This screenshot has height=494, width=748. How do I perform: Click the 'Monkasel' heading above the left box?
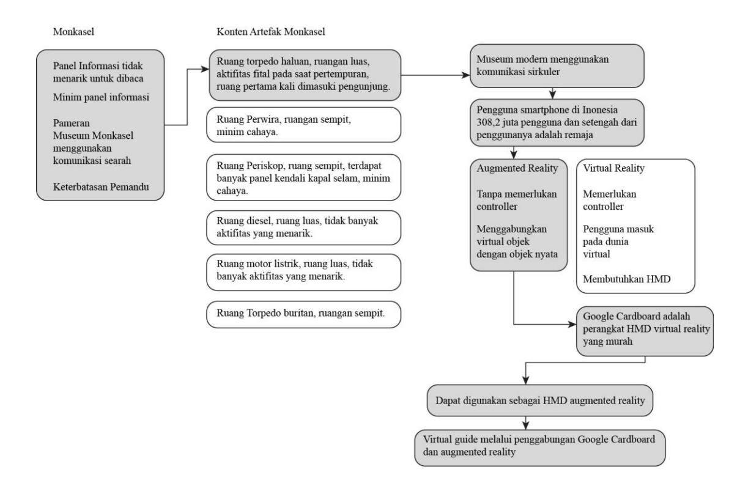(73, 32)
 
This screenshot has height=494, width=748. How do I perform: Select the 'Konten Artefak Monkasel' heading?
(271, 32)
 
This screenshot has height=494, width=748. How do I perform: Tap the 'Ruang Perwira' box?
(303, 125)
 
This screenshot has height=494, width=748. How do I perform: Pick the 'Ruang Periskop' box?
(303, 177)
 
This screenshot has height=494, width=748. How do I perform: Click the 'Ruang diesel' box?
(303, 227)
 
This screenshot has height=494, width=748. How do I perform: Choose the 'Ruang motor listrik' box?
(303, 272)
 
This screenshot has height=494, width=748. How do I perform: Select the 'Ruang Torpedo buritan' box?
(303, 314)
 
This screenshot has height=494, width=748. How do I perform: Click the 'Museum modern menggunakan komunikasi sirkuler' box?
(557, 66)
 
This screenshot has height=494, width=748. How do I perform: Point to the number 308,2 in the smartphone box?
(488, 122)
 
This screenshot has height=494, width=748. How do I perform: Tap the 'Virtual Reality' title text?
(614, 168)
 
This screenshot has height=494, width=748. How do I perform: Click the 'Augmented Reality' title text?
(517, 168)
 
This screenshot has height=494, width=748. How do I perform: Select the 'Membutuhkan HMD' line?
(627, 279)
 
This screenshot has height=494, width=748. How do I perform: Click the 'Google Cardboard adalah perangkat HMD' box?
(645, 331)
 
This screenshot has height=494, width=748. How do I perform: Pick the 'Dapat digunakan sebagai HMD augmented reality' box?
(540, 400)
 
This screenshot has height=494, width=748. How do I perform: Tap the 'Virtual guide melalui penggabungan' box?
(540, 448)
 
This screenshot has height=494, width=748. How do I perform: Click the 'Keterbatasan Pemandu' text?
(101, 187)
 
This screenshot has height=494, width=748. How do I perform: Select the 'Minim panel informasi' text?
(101, 97)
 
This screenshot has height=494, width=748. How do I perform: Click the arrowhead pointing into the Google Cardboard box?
(572, 324)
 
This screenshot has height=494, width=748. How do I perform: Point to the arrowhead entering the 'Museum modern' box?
(466, 75)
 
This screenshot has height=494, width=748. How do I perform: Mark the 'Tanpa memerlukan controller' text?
(517, 201)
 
